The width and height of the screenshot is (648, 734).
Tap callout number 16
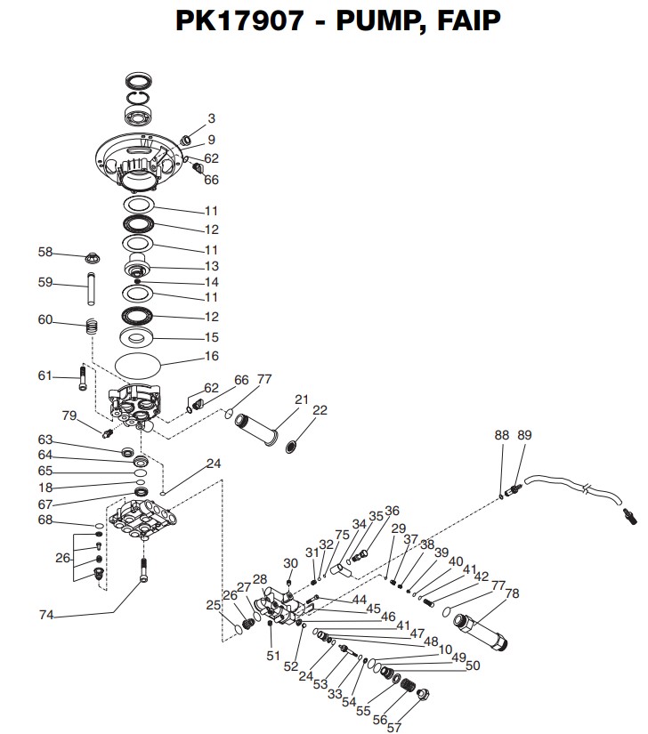212,356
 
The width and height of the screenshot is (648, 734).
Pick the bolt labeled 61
83,378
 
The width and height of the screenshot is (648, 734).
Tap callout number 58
45,252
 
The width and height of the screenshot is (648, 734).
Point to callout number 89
525,434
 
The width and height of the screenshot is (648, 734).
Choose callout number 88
502,434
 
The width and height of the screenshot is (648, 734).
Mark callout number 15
212,337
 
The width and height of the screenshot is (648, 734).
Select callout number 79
69,415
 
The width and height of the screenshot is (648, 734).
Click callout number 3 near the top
211,117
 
